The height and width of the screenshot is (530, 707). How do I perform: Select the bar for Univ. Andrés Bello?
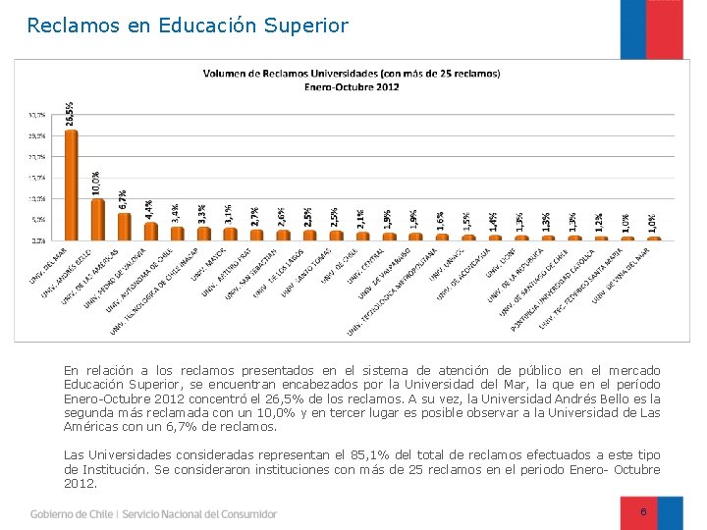coord(98,219)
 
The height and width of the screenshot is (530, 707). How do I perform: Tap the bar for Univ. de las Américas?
coord(125,227)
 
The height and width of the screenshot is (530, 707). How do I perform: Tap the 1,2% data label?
coord(599,222)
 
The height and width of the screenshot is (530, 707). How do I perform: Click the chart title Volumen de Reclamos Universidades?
coord(351,73)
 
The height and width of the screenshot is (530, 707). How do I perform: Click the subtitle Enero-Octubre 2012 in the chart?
coord(351,86)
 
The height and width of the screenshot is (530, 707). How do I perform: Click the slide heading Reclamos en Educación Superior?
coord(188,26)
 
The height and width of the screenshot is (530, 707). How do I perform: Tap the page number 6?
coord(643,512)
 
